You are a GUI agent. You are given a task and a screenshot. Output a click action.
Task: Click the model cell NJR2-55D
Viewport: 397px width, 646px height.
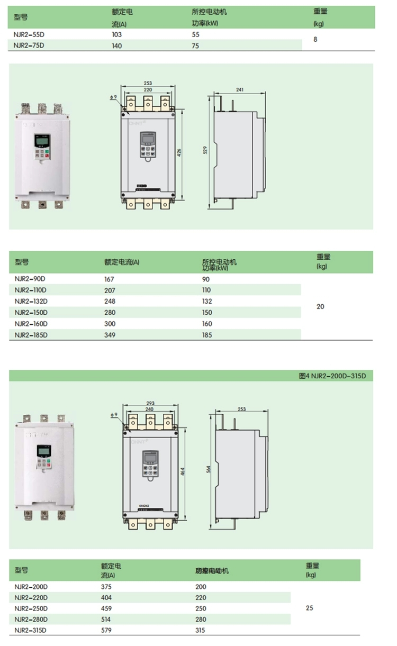[29, 34]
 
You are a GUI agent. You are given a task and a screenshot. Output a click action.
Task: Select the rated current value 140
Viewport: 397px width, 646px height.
[116, 46]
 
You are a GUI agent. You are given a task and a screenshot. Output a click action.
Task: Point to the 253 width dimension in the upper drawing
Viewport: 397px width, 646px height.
[148, 84]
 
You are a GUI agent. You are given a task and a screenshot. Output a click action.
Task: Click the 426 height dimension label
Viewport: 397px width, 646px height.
[179, 152]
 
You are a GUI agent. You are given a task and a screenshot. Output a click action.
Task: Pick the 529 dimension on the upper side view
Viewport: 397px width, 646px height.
[205, 150]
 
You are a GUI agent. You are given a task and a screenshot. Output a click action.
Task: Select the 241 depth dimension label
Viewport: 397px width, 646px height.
[240, 90]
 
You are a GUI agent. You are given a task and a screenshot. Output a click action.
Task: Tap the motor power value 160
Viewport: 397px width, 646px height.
[207, 324]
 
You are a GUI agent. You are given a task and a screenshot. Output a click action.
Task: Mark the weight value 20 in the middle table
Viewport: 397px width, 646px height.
[320, 306]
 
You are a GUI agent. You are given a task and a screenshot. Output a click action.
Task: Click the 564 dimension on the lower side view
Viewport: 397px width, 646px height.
[209, 469]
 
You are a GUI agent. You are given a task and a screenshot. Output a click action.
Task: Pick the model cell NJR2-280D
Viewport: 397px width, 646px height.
[31, 619]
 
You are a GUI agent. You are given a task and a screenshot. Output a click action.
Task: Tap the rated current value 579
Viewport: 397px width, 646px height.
[106, 630]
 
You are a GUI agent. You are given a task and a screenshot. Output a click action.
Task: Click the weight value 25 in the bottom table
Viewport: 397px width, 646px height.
[310, 608]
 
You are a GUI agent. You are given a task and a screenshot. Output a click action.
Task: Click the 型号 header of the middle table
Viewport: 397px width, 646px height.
[22, 262]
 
